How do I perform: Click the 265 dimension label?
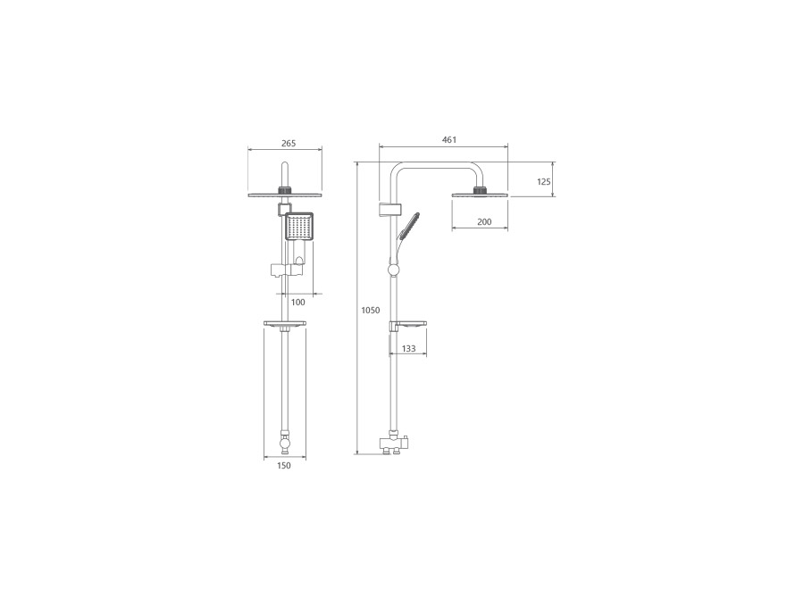pos(289,144)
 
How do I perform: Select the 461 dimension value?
pos(449,139)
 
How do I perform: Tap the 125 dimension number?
pos(543,181)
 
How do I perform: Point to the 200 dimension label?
pos(484,222)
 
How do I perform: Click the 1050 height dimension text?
pos(371,310)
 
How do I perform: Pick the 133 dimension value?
pos(408,348)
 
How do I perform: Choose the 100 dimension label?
pos(297,302)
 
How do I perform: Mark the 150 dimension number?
pos(283,465)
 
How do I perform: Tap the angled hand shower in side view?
pos(408,227)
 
